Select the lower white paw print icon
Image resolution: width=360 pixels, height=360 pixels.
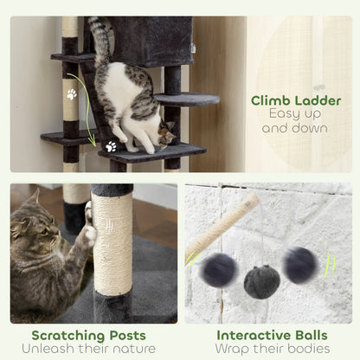coord(111,146)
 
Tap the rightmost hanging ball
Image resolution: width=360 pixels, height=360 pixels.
coord(299,265)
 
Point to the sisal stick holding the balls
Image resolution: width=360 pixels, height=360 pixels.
coord(222,227)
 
